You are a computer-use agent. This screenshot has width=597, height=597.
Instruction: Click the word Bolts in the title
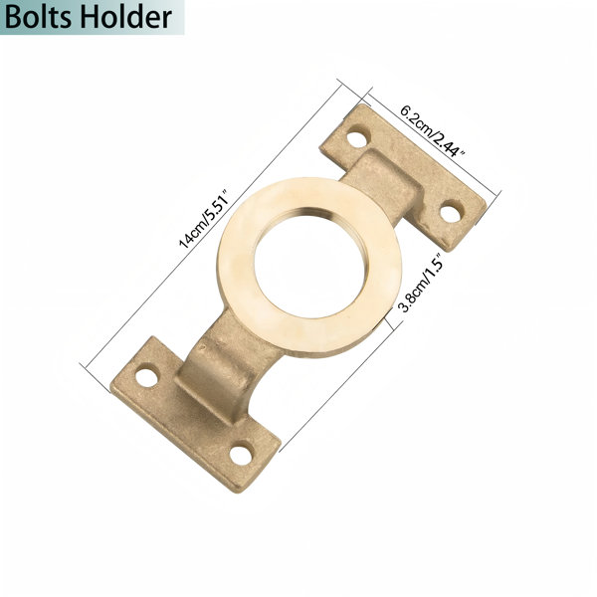tap(38, 18)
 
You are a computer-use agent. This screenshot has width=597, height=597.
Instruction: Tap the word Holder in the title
tap(126, 18)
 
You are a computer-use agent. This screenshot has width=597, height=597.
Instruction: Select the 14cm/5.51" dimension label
tap(205, 219)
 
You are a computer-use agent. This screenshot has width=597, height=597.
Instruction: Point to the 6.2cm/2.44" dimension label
tap(433, 131)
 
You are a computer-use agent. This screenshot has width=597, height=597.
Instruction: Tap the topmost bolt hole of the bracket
tap(357, 139)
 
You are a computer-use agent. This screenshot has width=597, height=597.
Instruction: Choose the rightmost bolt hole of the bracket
tap(451, 213)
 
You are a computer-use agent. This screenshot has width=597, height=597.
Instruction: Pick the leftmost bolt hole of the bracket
tap(146, 377)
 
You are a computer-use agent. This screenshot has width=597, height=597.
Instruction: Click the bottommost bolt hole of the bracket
tap(241, 455)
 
